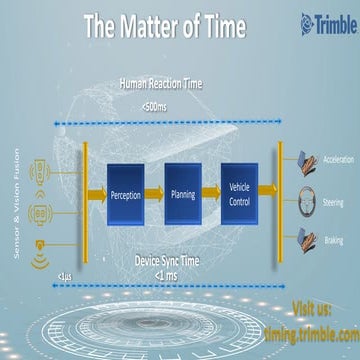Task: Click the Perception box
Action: point(125,194)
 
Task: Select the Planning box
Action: point(183,194)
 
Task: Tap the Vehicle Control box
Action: point(239,194)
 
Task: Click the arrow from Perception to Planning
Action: point(154,194)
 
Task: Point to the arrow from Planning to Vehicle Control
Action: point(211,194)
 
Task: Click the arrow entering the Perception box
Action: point(96,194)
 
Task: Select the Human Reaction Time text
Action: point(161,85)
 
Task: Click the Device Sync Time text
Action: point(171,263)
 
